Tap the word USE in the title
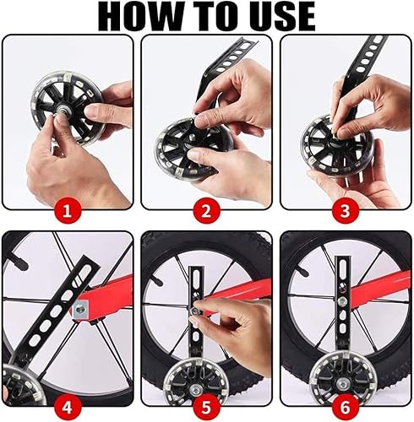[286, 16]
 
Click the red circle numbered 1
[68, 211]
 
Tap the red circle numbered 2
[206, 211]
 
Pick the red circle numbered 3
[346, 211]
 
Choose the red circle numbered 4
[68, 407]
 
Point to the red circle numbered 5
[206, 407]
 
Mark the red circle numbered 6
[346, 407]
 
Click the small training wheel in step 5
[197, 387]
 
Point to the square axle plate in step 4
[81, 309]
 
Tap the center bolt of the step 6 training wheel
[342, 383]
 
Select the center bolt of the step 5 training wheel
[196, 390]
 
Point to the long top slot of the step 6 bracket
[343, 268]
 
